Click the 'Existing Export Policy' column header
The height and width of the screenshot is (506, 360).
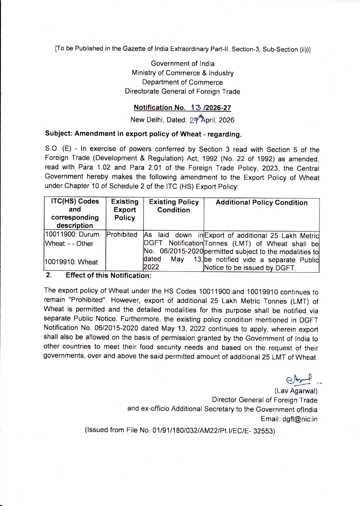point(125,210)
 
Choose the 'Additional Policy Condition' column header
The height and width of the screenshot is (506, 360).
point(261,203)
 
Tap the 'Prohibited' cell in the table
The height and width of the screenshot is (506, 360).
point(122,234)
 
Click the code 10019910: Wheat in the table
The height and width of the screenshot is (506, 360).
point(72,262)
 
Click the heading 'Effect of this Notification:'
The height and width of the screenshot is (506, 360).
point(108,275)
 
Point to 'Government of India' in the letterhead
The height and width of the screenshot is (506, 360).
point(183,64)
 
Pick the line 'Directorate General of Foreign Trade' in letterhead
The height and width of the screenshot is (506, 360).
point(182,92)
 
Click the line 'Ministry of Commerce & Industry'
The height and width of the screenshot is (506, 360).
point(183,73)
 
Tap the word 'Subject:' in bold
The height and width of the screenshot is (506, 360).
point(59,133)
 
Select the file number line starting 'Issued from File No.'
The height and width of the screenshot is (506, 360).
point(179,431)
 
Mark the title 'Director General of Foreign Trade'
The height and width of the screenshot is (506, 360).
point(264,400)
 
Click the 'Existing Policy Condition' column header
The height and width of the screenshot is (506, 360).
point(174,206)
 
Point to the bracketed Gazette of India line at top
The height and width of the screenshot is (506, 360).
point(183,49)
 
